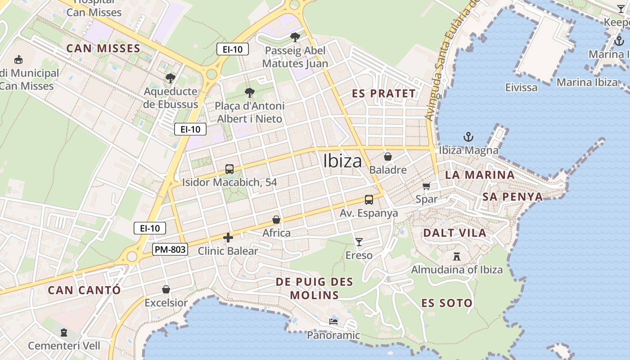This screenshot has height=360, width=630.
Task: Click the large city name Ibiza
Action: tap(342, 161)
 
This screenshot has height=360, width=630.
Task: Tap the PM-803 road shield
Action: tap(170, 249)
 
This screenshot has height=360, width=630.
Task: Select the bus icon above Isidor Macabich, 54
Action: tap(229, 169)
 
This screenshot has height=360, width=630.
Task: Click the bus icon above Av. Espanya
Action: tap(369, 199)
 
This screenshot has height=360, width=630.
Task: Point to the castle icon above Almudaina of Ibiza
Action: tap(457, 256)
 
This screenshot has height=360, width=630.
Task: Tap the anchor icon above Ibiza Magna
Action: tap(468, 137)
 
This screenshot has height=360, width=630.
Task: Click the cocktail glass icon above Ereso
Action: tap(359, 242)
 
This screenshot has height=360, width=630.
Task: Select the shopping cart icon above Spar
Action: tap(427, 186)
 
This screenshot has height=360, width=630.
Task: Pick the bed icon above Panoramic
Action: tap(333, 322)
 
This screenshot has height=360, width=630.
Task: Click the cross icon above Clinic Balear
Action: tap(228, 238)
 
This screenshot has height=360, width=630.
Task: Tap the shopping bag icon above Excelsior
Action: tap(166, 289)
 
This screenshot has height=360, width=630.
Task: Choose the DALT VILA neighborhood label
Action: tap(454, 233)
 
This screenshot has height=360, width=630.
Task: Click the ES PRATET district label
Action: tap(384, 94)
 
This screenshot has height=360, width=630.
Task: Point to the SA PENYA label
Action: tap(513, 197)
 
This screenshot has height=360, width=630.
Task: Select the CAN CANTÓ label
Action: tap(84, 290)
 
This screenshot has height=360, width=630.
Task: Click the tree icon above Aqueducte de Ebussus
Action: tap(170, 78)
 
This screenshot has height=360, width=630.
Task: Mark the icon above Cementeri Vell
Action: tap(64, 333)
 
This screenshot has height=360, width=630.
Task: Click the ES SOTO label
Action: tap(447, 303)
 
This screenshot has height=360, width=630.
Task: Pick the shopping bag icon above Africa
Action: tap(276, 220)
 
